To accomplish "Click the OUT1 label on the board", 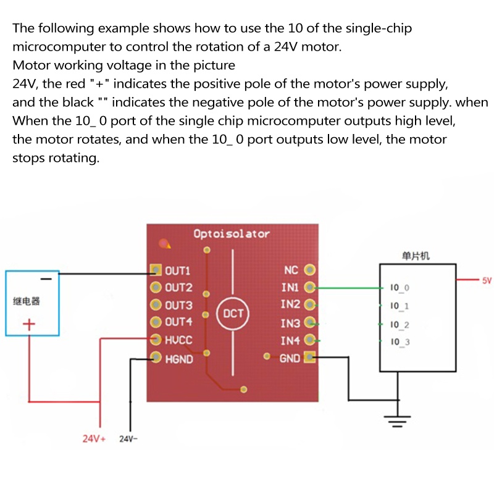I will pos(178,270).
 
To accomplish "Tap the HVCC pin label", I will pos(178,340).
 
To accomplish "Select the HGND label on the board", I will pos(179,359).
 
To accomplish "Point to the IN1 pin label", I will pos(290,287).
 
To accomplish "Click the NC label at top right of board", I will pos(291,270).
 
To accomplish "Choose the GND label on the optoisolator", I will pos(290,358).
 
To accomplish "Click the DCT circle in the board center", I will pos(233,314).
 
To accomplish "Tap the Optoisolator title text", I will pos(231,234).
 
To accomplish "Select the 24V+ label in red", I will pos(94,439).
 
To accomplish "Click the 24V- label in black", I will pos(128,439).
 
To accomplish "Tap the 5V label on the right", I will pos(487,280).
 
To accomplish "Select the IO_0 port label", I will pos(400,288).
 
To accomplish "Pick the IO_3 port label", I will pos(400,342).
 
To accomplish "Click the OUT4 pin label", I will pos(178,322).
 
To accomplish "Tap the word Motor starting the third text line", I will pos(30,65).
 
